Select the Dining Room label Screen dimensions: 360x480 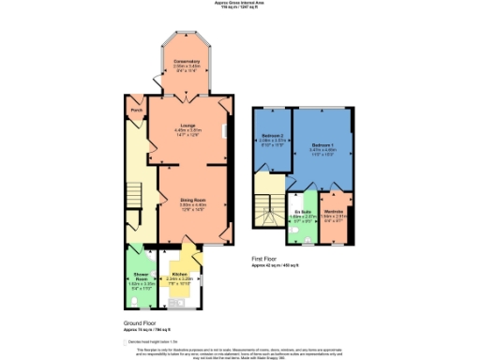click(192, 199)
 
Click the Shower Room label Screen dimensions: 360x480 click(141, 277)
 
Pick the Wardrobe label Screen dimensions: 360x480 click(334, 212)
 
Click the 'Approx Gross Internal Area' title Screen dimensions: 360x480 click(239, 3)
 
